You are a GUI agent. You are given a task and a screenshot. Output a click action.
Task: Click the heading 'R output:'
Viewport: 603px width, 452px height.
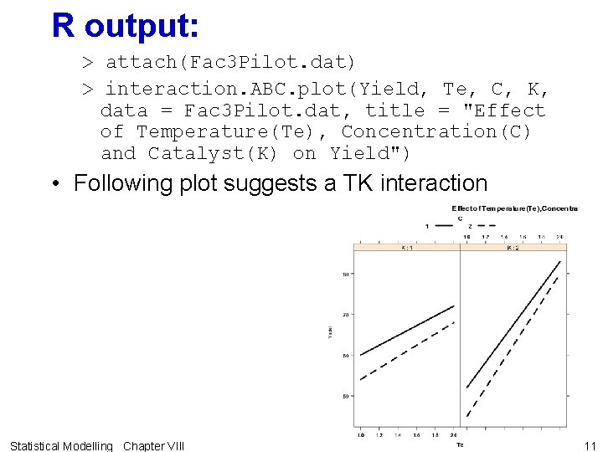125,26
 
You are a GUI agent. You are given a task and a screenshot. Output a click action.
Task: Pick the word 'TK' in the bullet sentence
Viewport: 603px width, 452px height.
355,183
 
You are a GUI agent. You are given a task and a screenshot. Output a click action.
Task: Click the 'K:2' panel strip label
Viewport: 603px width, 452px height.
513,247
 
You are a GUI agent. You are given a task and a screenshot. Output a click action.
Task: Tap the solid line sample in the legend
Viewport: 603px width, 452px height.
438,226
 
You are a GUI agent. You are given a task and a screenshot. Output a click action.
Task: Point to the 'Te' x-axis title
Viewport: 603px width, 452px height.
460,444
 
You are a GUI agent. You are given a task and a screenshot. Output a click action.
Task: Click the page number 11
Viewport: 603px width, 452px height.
590,445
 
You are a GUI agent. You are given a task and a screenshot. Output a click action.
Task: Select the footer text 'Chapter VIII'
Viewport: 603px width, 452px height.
153,445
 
